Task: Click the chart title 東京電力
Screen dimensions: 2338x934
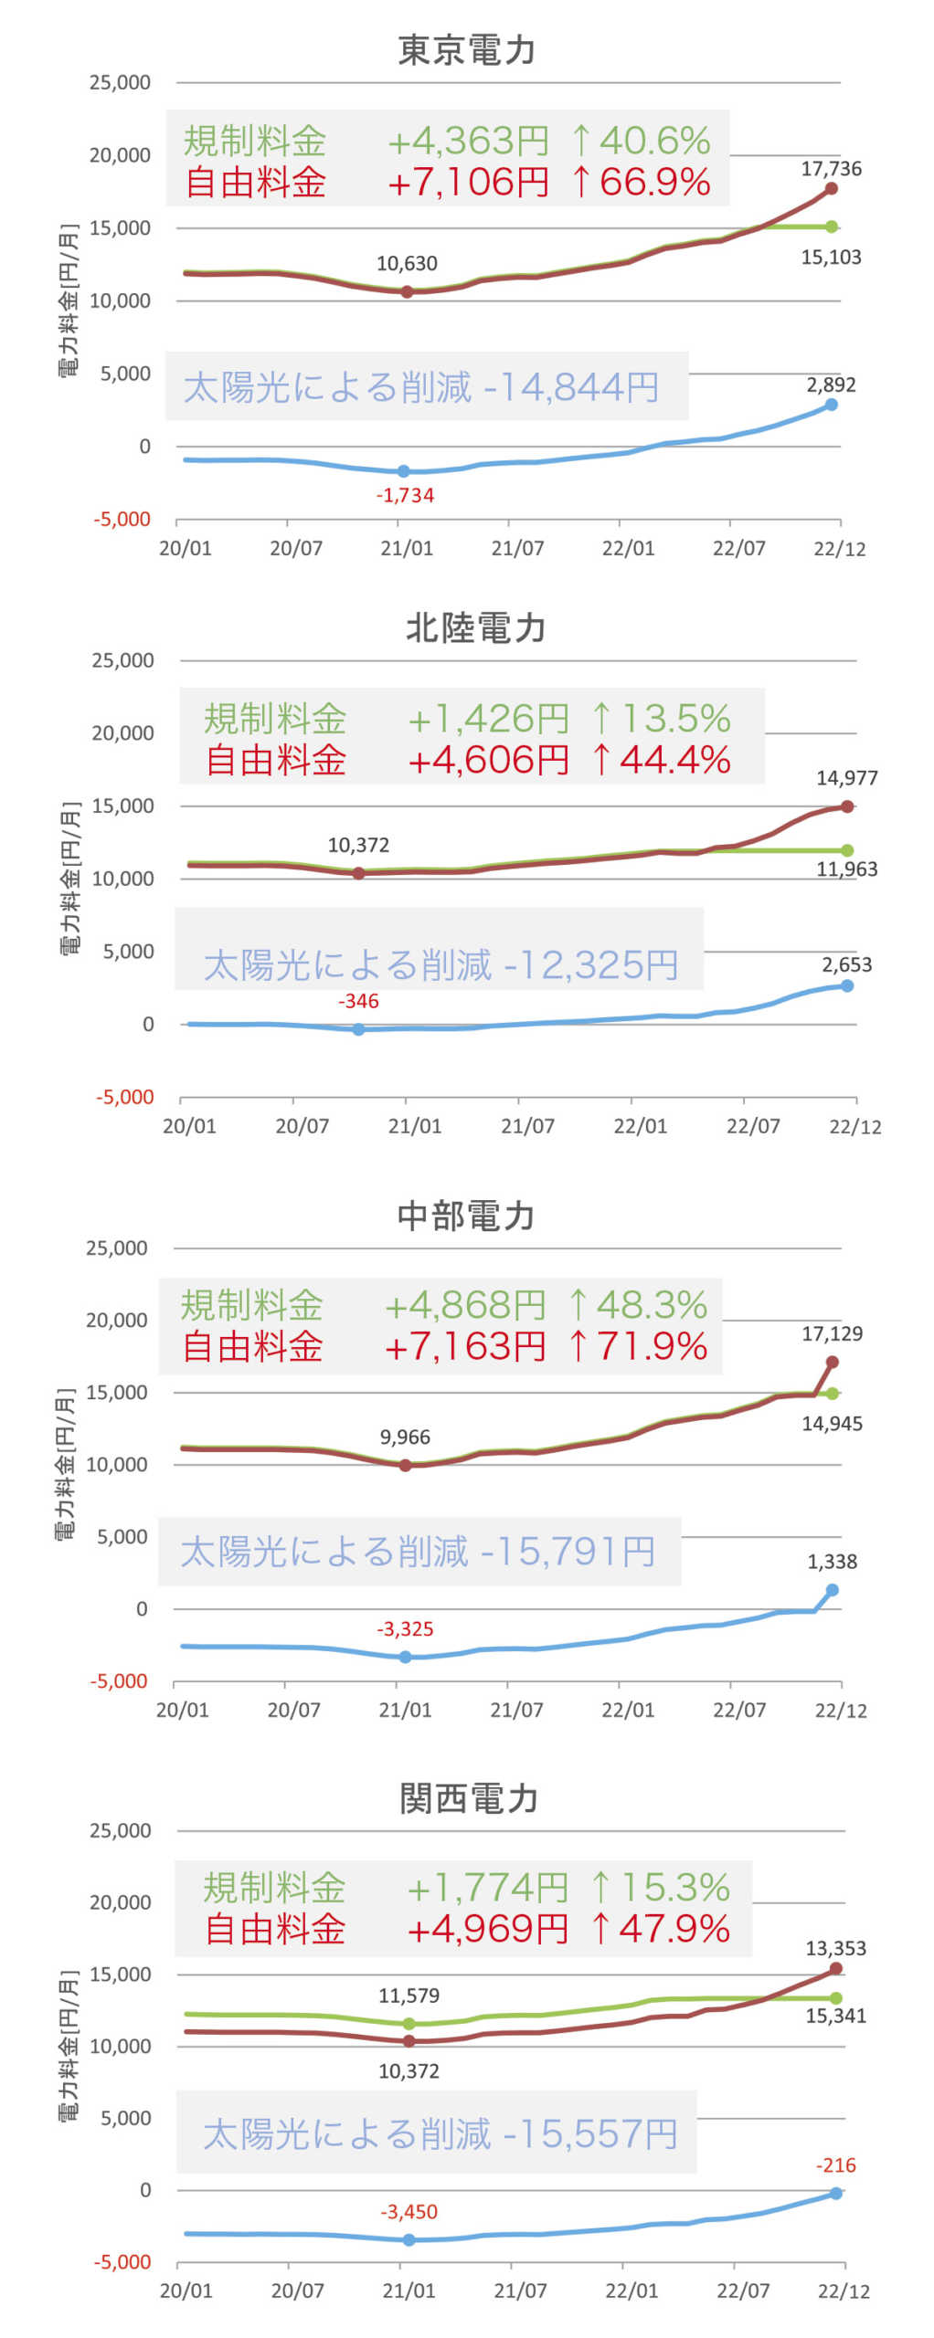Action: coord(466,50)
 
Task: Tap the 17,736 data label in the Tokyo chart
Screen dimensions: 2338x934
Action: coord(831,168)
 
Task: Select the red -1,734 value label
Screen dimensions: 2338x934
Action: coord(405,496)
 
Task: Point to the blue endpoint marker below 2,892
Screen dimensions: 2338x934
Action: coord(831,405)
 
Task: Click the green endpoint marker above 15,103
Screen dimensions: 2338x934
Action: coord(832,226)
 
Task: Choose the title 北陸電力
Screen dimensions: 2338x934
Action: coord(475,628)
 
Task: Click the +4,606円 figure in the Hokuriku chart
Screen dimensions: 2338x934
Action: coord(489,760)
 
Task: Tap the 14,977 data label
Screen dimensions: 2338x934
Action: coord(846,778)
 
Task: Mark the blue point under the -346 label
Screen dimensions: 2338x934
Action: coord(358,1029)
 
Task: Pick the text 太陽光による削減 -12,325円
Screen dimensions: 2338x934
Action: coord(440,965)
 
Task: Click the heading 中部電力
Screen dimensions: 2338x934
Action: coord(466,1216)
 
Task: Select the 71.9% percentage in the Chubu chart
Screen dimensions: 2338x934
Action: coord(652,1347)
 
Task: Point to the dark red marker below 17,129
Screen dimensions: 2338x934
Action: coord(833,1362)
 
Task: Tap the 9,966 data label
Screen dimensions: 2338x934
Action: coord(405,1438)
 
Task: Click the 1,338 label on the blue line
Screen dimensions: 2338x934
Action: coord(832,1562)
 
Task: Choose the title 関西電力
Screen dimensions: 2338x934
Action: coord(468,1798)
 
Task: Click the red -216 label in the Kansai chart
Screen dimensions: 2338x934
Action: coord(835,2165)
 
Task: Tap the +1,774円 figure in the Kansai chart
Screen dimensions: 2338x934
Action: coord(488,1888)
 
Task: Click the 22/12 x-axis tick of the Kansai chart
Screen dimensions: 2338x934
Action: coord(843,2291)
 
